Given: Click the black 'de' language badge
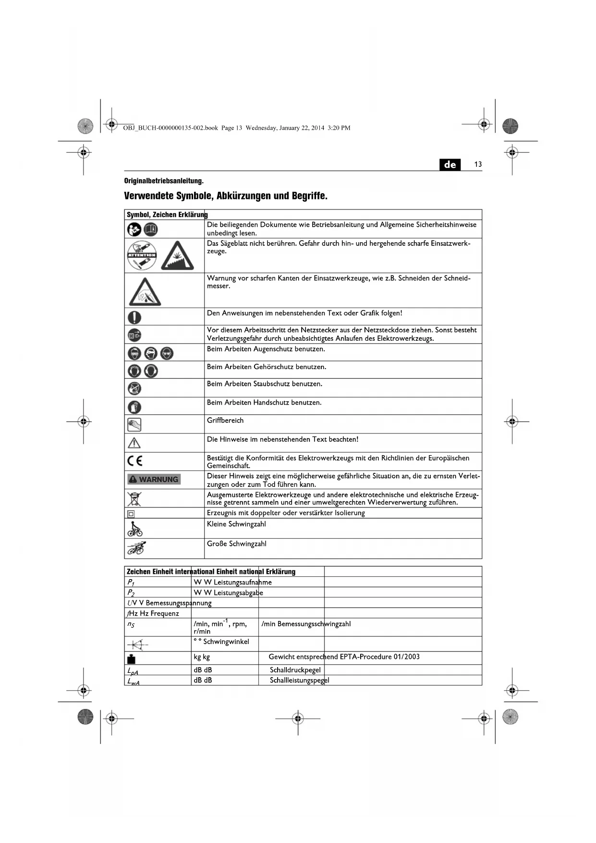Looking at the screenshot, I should coord(450,164).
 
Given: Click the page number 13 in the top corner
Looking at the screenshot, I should coord(478,164).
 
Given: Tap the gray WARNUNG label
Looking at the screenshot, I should coord(154,479).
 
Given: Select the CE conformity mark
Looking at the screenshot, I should coord(135,461).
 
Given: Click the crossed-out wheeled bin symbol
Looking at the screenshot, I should coord(134,498).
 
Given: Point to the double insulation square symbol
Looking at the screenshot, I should coord(131,513).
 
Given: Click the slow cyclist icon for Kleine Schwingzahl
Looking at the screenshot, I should coord(135,529).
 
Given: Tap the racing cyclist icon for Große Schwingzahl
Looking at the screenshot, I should coord(136,548).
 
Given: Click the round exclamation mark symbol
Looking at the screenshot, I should coord(134,317).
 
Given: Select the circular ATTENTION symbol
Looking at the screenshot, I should coord(142,255).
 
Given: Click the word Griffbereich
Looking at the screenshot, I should coord(225,421).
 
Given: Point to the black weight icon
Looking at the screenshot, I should coord(132,658).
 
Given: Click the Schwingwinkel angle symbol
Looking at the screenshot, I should coord(137,644).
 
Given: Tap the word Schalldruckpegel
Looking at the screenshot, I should coord(295,670).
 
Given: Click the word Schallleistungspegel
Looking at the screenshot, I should coord(299,680).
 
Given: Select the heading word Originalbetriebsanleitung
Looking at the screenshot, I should coord(164,181).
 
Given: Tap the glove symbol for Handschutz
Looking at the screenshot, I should coord(134,407).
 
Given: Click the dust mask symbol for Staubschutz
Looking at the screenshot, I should coord(134,388).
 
